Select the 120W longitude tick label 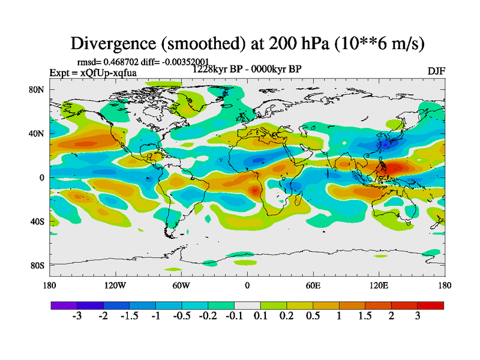(x=115, y=286)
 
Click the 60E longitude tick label (x=313, y=286)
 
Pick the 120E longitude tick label (x=379, y=286)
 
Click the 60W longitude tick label (x=181, y=286)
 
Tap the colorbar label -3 (x=77, y=316)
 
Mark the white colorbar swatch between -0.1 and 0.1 (x=247, y=305)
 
